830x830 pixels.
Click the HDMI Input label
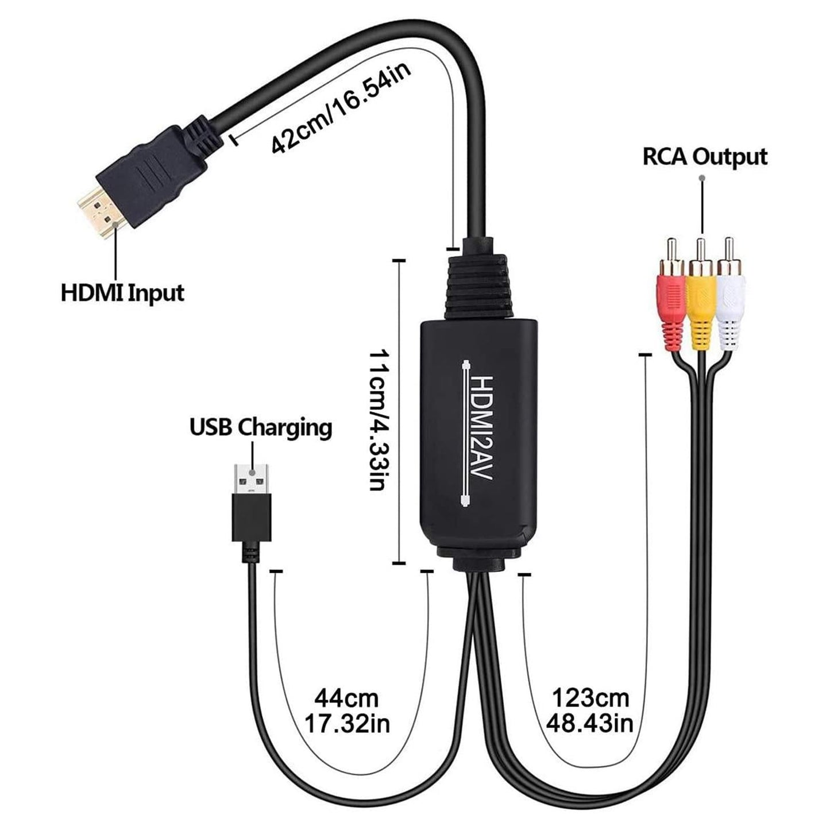122,292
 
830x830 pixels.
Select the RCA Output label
705,156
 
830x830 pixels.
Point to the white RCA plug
731,307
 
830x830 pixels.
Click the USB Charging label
261,427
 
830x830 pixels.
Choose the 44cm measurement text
346,698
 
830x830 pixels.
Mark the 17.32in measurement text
346,724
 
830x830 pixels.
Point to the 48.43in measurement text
590,723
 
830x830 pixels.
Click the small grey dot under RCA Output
701,179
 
